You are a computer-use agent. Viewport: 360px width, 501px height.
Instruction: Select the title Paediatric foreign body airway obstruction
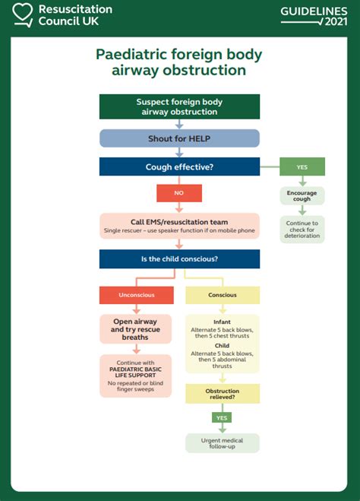coord(179,62)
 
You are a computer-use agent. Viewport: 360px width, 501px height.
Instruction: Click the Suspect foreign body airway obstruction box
coord(179,106)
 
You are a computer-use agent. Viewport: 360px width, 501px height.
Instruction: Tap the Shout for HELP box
coord(179,138)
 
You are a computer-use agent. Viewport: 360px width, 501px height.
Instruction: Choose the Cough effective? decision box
coord(179,167)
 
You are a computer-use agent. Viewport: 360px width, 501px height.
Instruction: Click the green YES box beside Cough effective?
coord(302,167)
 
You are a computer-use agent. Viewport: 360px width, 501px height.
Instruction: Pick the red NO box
coord(179,193)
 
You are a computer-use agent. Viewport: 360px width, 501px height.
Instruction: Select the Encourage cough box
coord(302,196)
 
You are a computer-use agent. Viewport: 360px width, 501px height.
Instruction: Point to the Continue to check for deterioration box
coord(302,230)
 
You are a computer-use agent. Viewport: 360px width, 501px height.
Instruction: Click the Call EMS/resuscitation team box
coord(179,226)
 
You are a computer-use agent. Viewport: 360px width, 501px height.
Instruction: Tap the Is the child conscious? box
coord(179,259)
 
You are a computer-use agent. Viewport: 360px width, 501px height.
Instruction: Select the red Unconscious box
coord(137,295)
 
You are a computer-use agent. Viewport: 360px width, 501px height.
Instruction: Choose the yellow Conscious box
coord(223,295)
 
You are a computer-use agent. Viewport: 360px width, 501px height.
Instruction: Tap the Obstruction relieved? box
coord(223,393)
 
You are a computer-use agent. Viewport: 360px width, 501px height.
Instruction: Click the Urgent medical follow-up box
coord(223,442)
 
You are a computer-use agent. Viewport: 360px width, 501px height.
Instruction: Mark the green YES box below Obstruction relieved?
coord(223,417)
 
